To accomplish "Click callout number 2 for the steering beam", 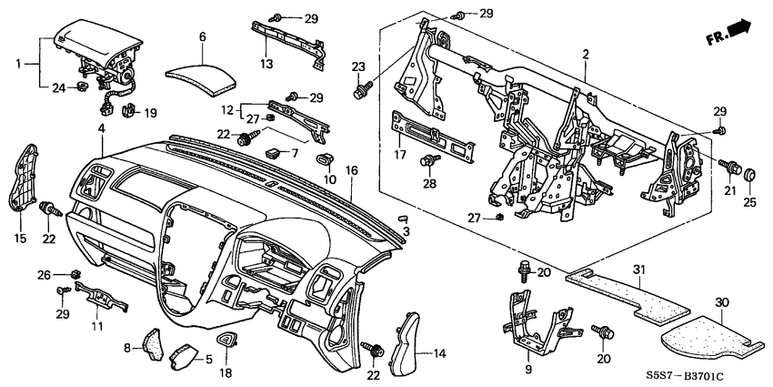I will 587,56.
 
